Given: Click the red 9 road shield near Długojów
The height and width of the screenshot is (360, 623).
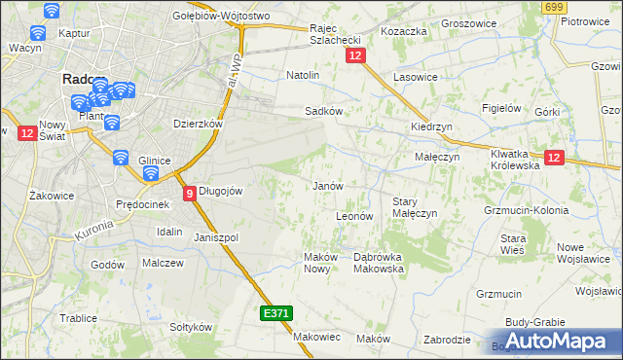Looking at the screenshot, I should (189, 194).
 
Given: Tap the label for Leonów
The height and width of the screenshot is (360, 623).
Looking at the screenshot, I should (354, 216).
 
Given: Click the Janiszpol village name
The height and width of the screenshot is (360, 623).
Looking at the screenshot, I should (216, 237).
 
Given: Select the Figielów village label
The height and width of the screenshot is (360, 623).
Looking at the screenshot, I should (503, 108).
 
